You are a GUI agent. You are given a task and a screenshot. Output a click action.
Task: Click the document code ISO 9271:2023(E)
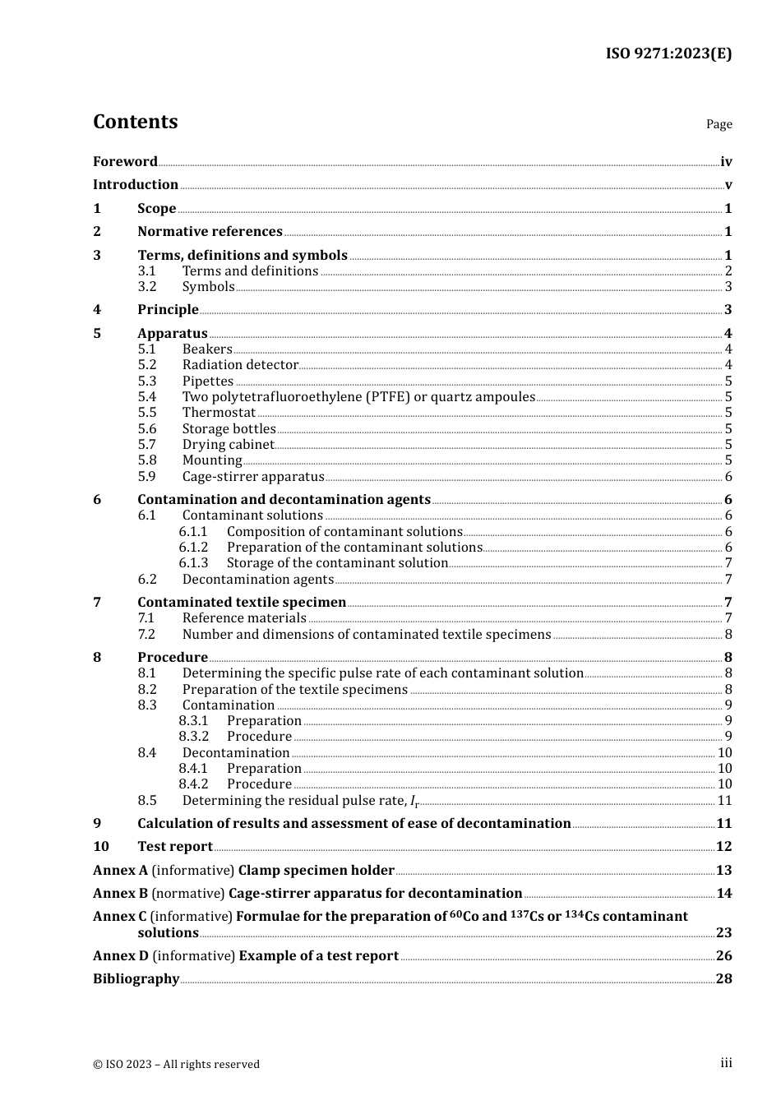(x=668, y=53)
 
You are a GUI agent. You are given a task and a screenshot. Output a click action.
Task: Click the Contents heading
(x=135, y=122)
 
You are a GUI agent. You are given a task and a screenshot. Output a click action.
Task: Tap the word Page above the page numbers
(x=719, y=124)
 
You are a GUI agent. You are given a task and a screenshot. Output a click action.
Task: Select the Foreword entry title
(x=125, y=162)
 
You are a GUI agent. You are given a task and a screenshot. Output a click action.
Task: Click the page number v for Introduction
(x=728, y=185)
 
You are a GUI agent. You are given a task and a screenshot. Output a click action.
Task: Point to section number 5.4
(x=147, y=397)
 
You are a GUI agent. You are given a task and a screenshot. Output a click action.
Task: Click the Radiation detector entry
(x=240, y=365)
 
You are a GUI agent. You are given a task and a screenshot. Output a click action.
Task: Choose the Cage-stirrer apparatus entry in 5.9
(x=253, y=477)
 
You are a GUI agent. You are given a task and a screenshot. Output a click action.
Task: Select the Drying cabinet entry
(x=228, y=445)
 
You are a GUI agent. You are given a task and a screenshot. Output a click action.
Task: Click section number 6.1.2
(x=193, y=548)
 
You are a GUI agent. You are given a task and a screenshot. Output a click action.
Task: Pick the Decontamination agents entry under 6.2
(x=257, y=580)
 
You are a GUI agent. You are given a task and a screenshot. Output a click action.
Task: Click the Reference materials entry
(x=244, y=618)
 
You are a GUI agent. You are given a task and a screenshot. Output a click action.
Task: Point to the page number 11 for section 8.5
(x=724, y=801)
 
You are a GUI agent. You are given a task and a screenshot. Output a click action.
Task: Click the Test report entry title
(x=175, y=847)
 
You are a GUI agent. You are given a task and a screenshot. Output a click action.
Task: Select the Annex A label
(x=120, y=871)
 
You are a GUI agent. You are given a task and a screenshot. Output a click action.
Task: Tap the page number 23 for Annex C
(x=723, y=933)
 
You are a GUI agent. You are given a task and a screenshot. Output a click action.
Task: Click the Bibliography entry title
(x=136, y=979)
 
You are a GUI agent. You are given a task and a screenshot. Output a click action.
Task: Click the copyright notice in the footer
(x=176, y=1064)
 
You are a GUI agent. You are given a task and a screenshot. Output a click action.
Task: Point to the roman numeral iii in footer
(x=726, y=1063)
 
